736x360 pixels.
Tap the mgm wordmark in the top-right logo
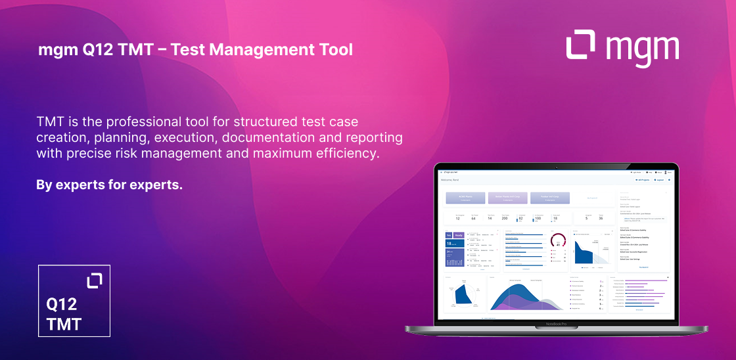(642, 49)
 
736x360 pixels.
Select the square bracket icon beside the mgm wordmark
(582, 46)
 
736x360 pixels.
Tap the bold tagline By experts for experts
(109, 185)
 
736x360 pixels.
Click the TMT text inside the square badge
(64, 324)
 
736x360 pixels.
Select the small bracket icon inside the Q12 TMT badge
(95, 281)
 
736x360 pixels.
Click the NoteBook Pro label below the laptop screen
(556, 325)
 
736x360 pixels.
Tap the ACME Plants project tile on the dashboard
(465, 198)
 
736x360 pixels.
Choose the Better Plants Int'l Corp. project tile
(507, 198)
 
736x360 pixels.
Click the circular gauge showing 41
(557, 241)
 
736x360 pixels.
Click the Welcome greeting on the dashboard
(449, 179)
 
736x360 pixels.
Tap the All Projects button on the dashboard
(642, 179)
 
